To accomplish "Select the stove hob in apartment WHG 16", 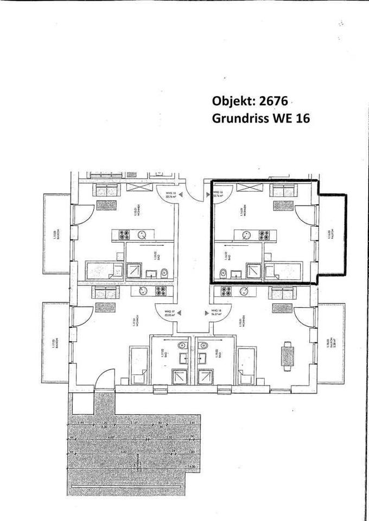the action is [264, 236].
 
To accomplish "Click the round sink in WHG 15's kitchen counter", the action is [141, 235].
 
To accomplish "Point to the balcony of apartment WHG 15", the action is [56, 233].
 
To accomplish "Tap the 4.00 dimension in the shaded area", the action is [96, 437].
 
